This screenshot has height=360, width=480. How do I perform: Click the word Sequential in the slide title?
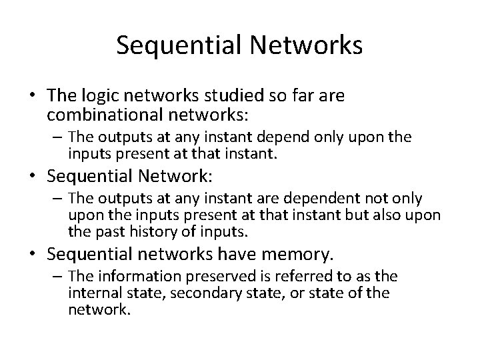click(172, 45)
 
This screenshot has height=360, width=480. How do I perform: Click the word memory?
click(301, 255)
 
